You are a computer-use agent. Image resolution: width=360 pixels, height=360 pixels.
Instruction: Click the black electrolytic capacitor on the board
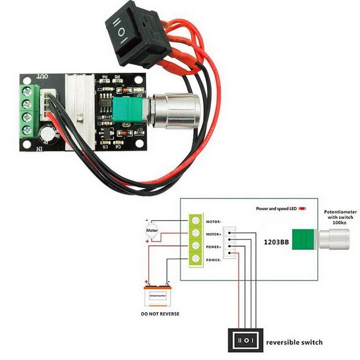49,135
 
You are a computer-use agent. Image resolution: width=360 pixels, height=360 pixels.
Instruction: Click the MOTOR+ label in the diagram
213,234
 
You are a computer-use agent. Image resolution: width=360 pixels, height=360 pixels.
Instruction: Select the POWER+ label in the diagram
213,247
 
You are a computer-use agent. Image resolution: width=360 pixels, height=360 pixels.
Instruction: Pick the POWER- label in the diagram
213,260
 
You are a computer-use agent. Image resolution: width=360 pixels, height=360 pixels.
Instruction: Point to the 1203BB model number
275,243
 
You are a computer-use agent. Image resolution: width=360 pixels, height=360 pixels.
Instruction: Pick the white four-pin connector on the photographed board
47,106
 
